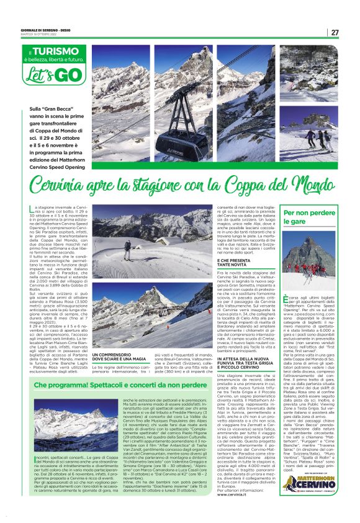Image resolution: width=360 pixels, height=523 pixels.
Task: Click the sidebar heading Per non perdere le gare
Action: (x=304, y=217)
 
